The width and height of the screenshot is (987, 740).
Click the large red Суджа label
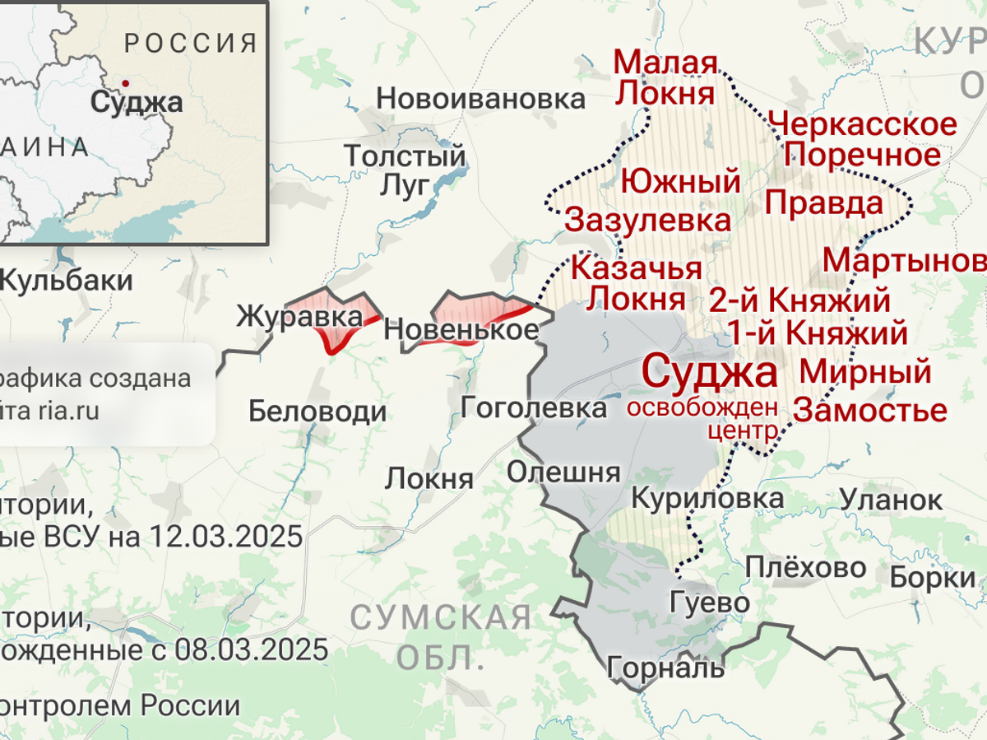click(x=709, y=372)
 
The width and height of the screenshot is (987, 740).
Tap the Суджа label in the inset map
click(x=137, y=102)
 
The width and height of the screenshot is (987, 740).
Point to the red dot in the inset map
click(x=124, y=83)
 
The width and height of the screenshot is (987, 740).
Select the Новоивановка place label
click(x=480, y=99)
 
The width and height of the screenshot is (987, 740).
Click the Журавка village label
click(x=299, y=317)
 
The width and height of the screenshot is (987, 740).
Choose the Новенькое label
click(x=461, y=330)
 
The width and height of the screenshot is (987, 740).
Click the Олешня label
click(x=563, y=472)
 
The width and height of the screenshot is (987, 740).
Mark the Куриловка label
click(x=707, y=498)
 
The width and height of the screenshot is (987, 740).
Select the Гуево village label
click(x=709, y=603)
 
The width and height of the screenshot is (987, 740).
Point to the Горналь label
click(x=666, y=667)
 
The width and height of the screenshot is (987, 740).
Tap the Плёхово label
click(x=805, y=567)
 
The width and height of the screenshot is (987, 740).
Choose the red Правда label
click(x=824, y=202)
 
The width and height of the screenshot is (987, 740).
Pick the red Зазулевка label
click(x=648, y=220)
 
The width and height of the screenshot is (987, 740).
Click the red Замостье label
click(x=870, y=409)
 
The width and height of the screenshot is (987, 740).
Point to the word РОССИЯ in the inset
click(x=192, y=43)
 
